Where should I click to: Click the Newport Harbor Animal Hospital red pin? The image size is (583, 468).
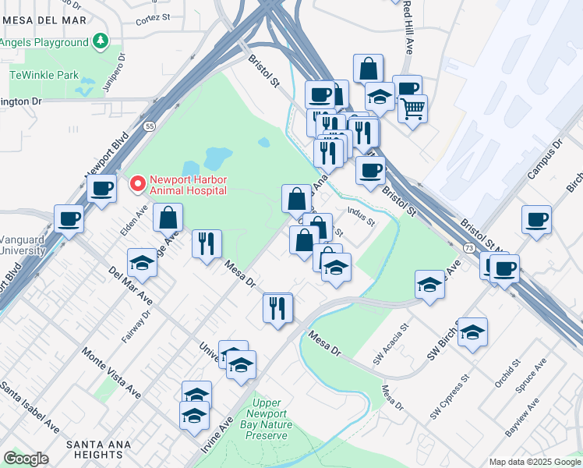[138, 184]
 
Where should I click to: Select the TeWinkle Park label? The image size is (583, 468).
[44, 76]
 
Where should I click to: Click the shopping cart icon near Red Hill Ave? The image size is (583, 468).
[412, 108]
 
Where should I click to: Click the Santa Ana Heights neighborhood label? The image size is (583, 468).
[104, 450]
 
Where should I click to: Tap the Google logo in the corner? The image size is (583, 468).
[26, 459]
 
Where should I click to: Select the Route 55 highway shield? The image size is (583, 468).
[150, 124]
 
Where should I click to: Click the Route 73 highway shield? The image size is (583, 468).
[468, 246]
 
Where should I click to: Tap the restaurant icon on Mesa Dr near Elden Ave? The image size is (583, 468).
[207, 243]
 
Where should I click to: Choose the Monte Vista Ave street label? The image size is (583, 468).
[111, 372]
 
